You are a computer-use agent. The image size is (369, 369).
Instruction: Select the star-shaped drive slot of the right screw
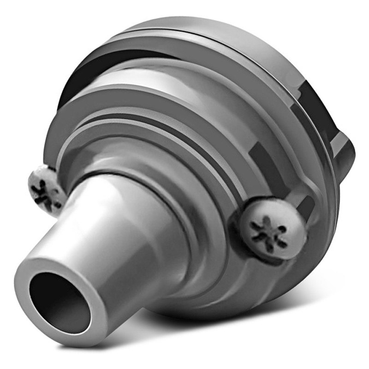coord(270,231)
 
